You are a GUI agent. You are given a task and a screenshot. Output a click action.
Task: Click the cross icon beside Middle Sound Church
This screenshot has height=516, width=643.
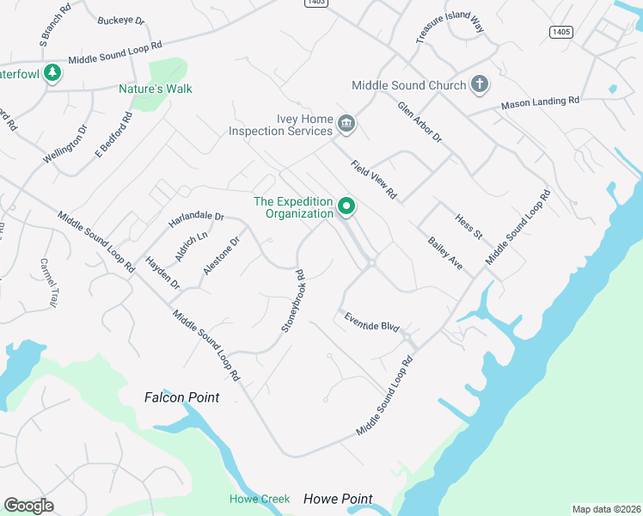[480, 85]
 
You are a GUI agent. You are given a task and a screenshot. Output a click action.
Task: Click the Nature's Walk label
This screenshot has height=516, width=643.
[155, 89]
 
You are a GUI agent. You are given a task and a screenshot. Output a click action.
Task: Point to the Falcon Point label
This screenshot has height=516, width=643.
[181, 397]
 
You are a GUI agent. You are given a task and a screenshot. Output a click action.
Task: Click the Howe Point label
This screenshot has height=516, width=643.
[339, 499]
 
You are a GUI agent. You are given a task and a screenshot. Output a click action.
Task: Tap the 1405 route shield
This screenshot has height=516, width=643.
[560, 32]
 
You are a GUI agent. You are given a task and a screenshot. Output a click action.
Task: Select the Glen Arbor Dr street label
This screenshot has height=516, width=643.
[419, 122]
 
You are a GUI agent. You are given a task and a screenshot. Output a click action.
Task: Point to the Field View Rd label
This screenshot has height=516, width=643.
[373, 180]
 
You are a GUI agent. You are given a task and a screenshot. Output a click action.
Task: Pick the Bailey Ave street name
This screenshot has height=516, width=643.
[445, 254]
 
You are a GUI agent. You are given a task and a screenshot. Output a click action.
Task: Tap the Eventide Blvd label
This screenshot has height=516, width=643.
[373, 322]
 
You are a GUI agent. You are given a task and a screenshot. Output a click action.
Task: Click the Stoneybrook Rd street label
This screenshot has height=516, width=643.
[294, 302]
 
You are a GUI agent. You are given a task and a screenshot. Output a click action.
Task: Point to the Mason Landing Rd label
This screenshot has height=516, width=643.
[541, 102]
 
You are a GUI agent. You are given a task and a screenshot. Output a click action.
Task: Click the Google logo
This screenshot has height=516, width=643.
[29, 506]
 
